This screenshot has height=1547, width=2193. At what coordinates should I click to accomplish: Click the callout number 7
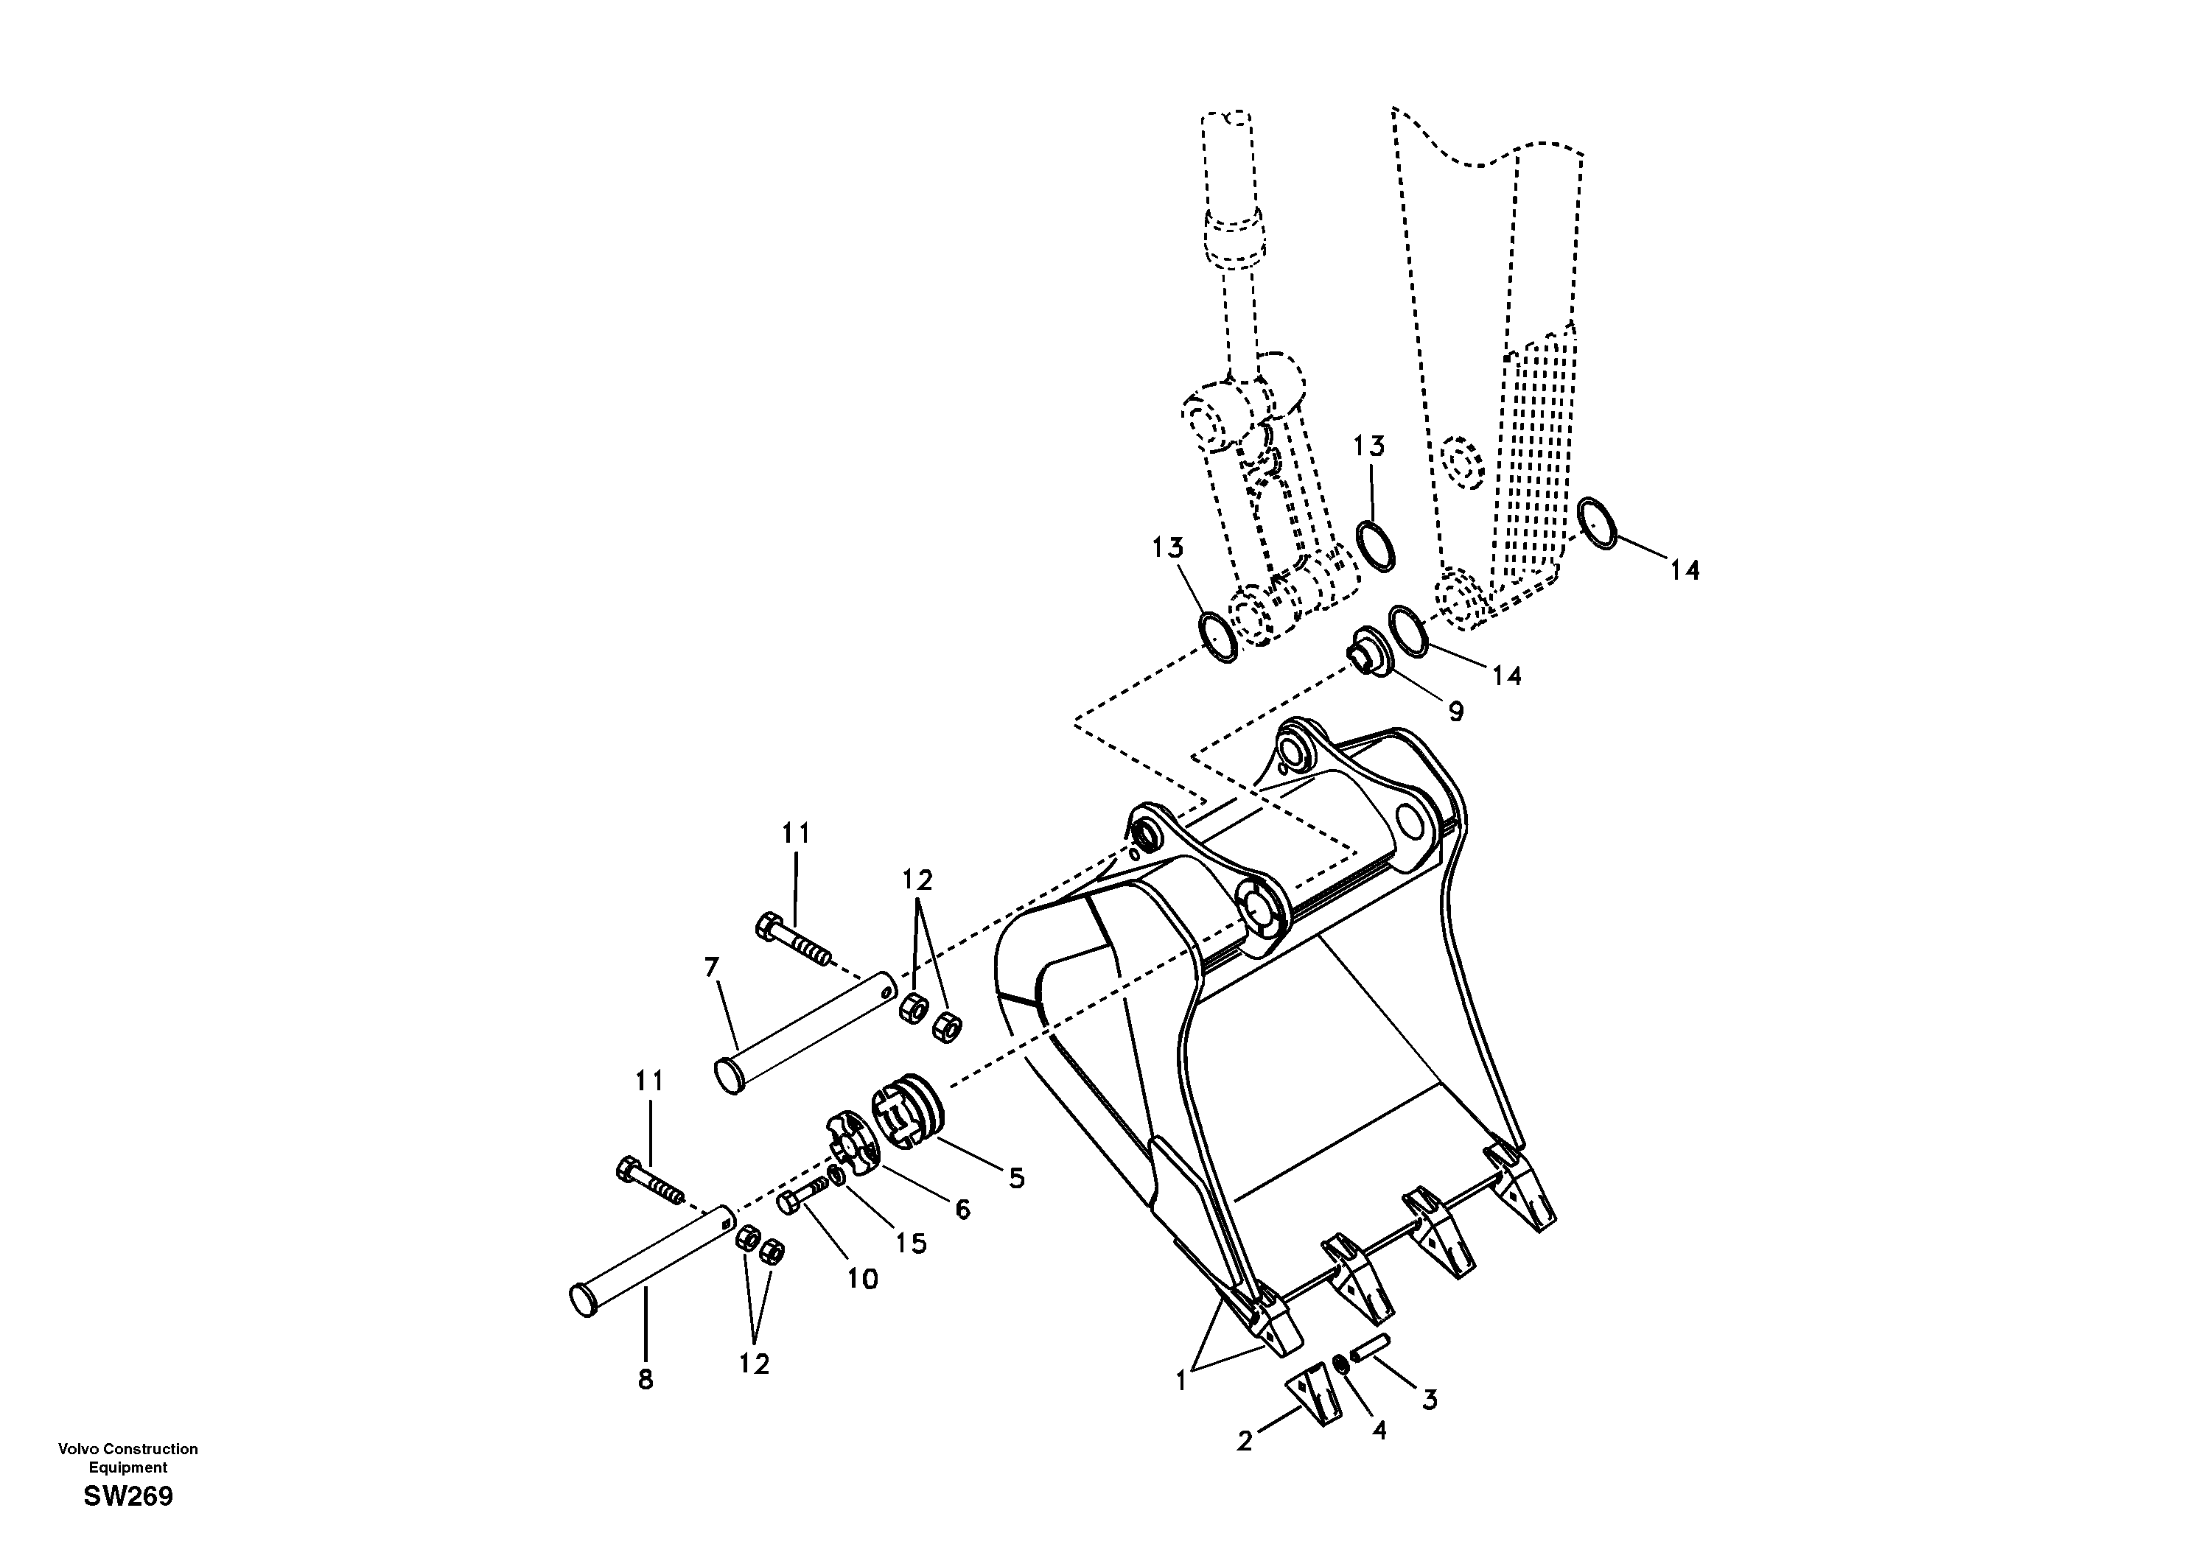tap(710, 968)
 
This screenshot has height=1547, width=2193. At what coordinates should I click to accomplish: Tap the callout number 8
tap(646, 1379)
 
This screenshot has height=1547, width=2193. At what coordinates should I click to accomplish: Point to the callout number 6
tap(963, 1210)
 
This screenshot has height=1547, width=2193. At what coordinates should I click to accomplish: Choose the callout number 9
tap(1455, 712)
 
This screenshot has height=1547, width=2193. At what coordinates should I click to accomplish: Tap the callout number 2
tap(1245, 1441)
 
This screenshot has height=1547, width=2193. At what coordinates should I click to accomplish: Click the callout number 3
tap(1429, 1400)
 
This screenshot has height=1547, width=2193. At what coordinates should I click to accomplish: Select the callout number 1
tap(1181, 1381)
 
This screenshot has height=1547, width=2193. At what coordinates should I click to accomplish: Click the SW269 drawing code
tap(128, 1496)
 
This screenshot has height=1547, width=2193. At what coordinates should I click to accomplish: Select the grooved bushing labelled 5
tap(907, 1108)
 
